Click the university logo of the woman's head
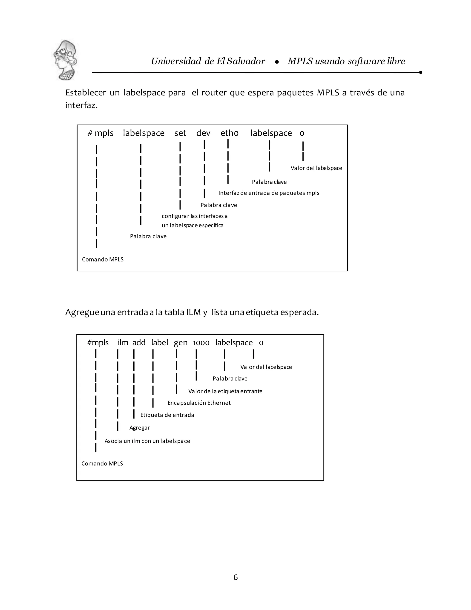65,60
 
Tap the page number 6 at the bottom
235,577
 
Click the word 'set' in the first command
180,133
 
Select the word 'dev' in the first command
203,133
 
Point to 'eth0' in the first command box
229,133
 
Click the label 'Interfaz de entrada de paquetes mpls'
269,193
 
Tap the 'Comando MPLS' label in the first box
103,259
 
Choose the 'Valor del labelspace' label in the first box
316,168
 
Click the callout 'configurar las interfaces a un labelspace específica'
195,221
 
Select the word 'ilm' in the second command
123,343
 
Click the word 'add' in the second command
139,343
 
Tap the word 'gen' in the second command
181,343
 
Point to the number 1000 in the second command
201,343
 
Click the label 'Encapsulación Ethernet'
199,403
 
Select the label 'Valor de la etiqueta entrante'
225,391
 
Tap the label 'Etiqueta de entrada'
167,415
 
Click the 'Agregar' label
140,428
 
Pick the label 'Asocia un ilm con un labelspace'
147,441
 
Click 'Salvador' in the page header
246,61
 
